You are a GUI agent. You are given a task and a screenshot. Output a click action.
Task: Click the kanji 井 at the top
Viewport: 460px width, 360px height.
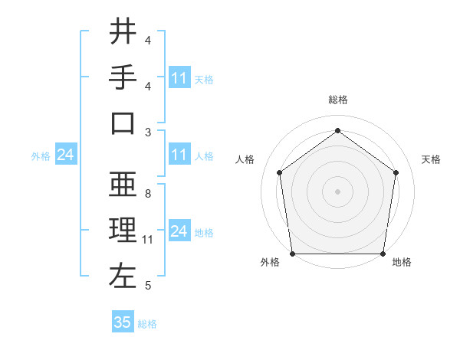click(123, 31)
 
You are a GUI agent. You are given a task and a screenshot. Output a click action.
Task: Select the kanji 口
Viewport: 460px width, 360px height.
click(123, 123)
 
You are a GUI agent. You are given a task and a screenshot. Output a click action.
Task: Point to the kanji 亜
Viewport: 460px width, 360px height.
click(123, 185)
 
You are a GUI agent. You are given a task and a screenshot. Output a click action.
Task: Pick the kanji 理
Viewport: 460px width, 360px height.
click(123, 231)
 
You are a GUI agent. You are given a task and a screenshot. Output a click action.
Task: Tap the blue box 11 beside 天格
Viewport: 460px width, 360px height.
click(179, 78)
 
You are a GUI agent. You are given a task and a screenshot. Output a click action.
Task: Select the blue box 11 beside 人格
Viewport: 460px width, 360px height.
click(179, 155)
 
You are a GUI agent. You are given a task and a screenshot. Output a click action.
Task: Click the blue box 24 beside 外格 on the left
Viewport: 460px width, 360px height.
click(65, 155)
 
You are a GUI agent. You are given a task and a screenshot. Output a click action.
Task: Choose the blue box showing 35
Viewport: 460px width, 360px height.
click(123, 322)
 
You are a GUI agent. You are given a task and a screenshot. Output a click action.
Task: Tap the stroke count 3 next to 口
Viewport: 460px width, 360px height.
click(147, 132)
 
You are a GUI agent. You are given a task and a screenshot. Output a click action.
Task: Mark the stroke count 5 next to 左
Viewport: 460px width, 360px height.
click(147, 286)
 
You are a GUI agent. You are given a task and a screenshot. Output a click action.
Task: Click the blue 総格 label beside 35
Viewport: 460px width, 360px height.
click(147, 324)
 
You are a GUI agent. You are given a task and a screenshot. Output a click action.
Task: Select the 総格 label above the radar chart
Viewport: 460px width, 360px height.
click(338, 100)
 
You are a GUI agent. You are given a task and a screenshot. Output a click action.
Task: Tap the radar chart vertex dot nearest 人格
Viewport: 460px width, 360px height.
click(279, 172)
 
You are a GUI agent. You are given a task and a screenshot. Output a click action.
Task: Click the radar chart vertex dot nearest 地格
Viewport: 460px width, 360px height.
click(383, 254)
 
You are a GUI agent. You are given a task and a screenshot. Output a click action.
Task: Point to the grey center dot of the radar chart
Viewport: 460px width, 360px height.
click(338, 191)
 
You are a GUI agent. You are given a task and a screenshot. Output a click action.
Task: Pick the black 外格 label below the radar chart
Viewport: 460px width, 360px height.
click(270, 262)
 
